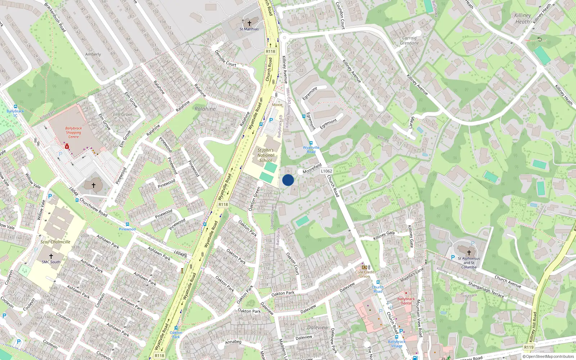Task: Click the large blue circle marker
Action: [288, 180]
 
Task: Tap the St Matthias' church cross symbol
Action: [249, 23]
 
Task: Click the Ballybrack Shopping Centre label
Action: [73, 132]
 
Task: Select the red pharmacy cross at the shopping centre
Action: [67, 147]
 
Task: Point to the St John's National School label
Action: [266, 155]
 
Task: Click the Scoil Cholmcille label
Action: [55, 242]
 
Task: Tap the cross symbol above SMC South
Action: [51, 256]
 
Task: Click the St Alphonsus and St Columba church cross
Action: [469, 253]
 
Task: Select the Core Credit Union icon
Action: [364, 267]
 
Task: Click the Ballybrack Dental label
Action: [406, 301]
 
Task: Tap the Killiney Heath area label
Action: [523, 18]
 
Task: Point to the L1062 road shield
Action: [326, 171]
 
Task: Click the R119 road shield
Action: [528, 347]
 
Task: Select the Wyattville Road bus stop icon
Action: [311, 143]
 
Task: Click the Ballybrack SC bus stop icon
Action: [15, 107]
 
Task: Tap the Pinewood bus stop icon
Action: [127, 224]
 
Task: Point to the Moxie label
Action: [277, 105]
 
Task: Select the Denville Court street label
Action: [225, 58]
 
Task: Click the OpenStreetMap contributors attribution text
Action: [548, 357]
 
